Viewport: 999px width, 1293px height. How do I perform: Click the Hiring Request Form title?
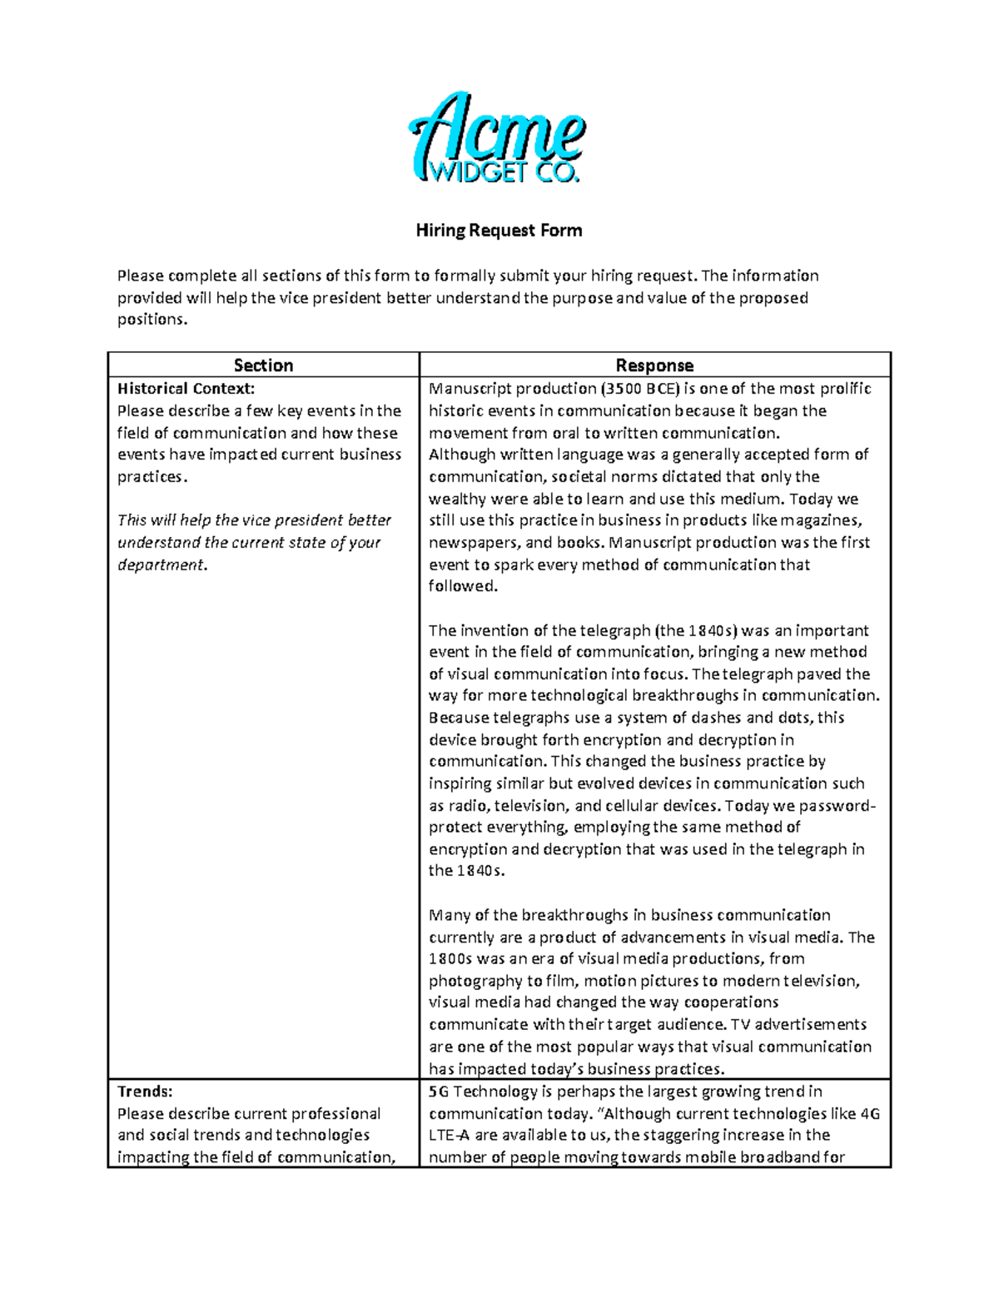[x=499, y=231]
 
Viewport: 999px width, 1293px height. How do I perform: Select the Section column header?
[x=263, y=366]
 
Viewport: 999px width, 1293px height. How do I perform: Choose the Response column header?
[x=654, y=366]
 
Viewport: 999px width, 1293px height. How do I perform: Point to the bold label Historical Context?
[x=186, y=389]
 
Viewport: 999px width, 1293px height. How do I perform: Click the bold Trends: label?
[x=145, y=1092]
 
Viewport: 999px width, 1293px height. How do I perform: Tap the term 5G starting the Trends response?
[x=438, y=1092]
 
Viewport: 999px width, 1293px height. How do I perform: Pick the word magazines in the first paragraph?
[x=823, y=520]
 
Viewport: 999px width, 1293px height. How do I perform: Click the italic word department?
[x=160, y=564]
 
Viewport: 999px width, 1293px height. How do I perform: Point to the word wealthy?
[x=455, y=499]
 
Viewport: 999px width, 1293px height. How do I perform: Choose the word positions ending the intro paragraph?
[x=151, y=320]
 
